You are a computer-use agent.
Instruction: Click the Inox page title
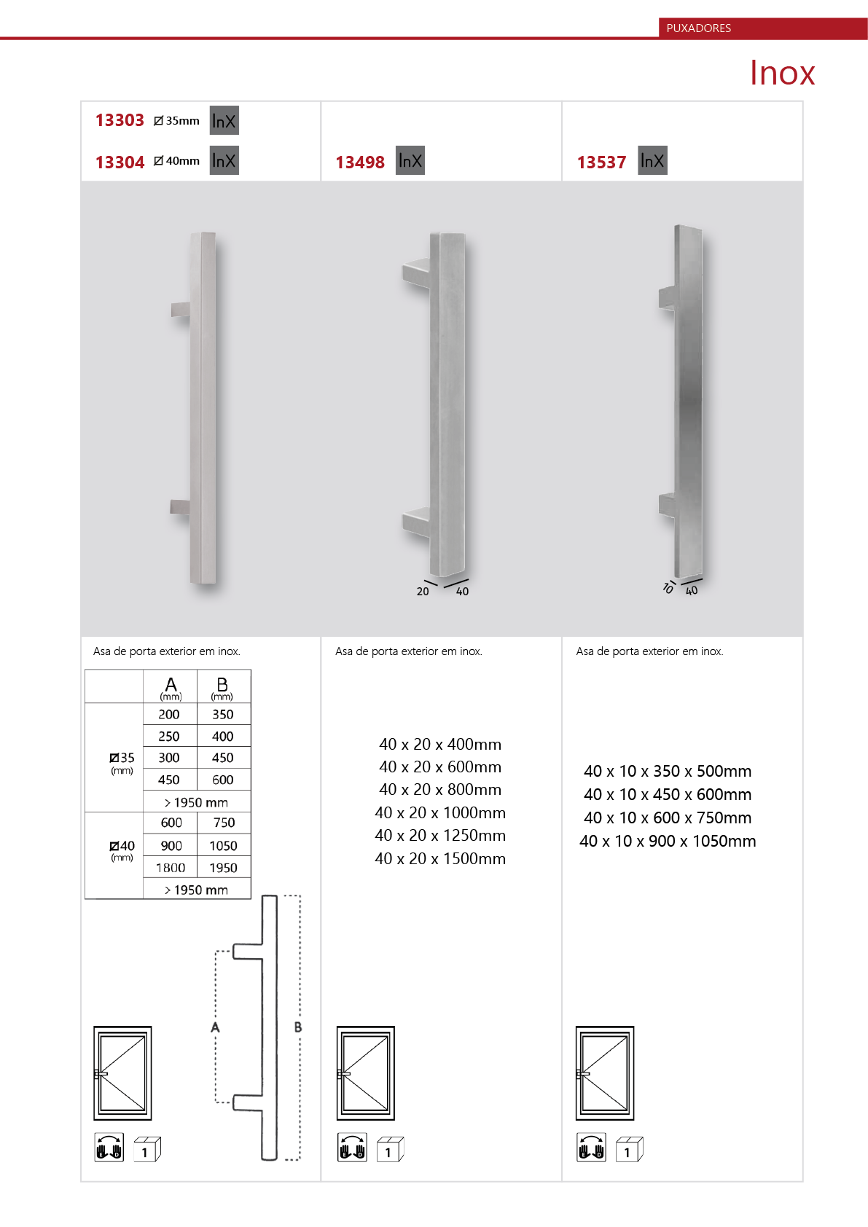click(782, 72)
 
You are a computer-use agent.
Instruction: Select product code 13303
click(120, 120)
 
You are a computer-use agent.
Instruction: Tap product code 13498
click(359, 162)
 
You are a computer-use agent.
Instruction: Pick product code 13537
click(601, 162)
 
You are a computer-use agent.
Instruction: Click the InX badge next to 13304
click(224, 160)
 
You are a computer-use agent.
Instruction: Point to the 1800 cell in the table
click(171, 868)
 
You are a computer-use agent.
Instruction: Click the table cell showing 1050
click(223, 846)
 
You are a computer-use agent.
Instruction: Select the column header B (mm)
click(222, 688)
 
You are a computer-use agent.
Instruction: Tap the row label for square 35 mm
click(122, 762)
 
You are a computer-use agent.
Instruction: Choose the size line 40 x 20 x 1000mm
click(440, 812)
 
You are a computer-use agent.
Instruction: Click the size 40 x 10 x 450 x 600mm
click(668, 794)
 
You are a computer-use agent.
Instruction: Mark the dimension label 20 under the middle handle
click(423, 592)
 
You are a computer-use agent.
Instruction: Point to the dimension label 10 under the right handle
click(668, 588)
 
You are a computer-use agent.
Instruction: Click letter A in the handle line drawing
click(215, 1027)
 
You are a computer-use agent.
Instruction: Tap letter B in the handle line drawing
click(297, 1027)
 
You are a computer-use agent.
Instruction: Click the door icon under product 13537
click(605, 1073)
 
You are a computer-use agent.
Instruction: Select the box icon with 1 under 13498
click(390, 1149)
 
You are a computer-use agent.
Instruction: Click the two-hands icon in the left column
click(109, 1147)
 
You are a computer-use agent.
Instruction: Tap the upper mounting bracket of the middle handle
click(416, 273)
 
